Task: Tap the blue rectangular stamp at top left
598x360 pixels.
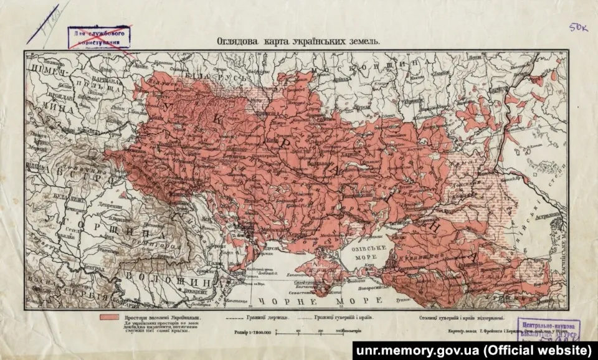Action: tap(98, 37)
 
